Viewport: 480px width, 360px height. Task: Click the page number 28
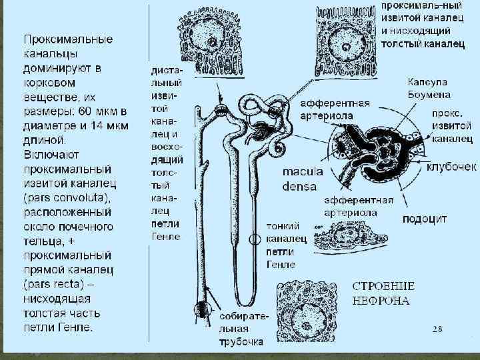pyautogui.click(x=437, y=329)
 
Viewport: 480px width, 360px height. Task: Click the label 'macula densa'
pyautogui.click(x=303, y=179)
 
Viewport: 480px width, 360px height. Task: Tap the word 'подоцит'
pyautogui.click(x=424, y=219)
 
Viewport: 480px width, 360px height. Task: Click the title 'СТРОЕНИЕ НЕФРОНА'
pyautogui.click(x=383, y=293)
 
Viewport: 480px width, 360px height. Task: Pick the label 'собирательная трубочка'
pyautogui.click(x=243, y=328)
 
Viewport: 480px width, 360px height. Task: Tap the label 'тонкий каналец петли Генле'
pyautogui.click(x=285, y=245)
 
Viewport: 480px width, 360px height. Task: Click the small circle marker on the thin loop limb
pyautogui.click(x=255, y=238)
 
